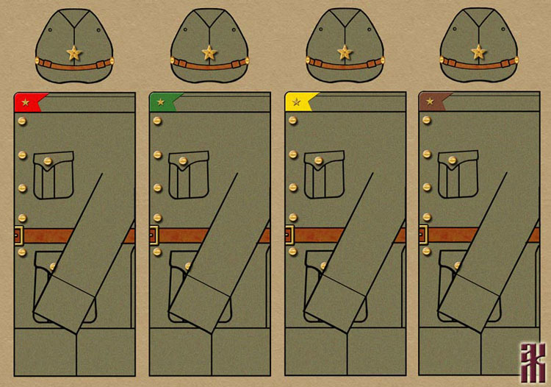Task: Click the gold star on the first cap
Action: (x=74, y=52)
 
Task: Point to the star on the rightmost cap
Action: (x=478, y=52)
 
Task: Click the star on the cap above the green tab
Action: (x=209, y=52)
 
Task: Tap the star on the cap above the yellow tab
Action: (x=344, y=52)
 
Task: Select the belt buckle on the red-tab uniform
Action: (x=19, y=235)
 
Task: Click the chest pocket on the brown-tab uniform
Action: (x=458, y=175)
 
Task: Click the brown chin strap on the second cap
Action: (x=209, y=63)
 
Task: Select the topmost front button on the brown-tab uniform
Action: (x=427, y=120)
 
